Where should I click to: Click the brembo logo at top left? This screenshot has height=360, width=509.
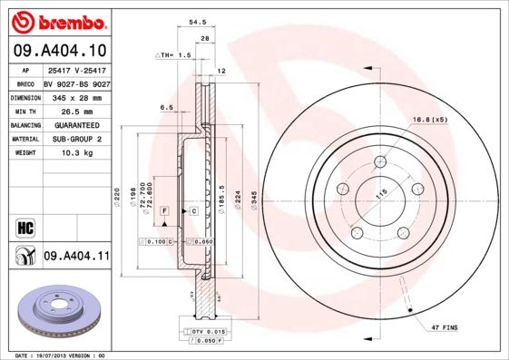click(x=56, y=20)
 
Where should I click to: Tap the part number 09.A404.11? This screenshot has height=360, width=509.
click(x=76, y=258)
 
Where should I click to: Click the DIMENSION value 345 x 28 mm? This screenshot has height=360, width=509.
click(x=75, y=96)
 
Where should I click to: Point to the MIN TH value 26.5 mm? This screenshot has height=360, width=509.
click(x=75, y=110)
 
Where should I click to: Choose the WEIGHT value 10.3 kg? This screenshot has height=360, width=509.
click(x=75, y=153)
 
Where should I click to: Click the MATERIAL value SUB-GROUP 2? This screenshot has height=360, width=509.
click(x=75, y=139)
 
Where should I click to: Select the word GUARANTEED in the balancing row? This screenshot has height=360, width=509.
click(x=75, y=124)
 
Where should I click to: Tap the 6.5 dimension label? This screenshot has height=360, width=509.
click(x=167, y=107)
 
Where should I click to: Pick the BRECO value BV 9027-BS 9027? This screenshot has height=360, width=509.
click(x=75, y=82)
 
